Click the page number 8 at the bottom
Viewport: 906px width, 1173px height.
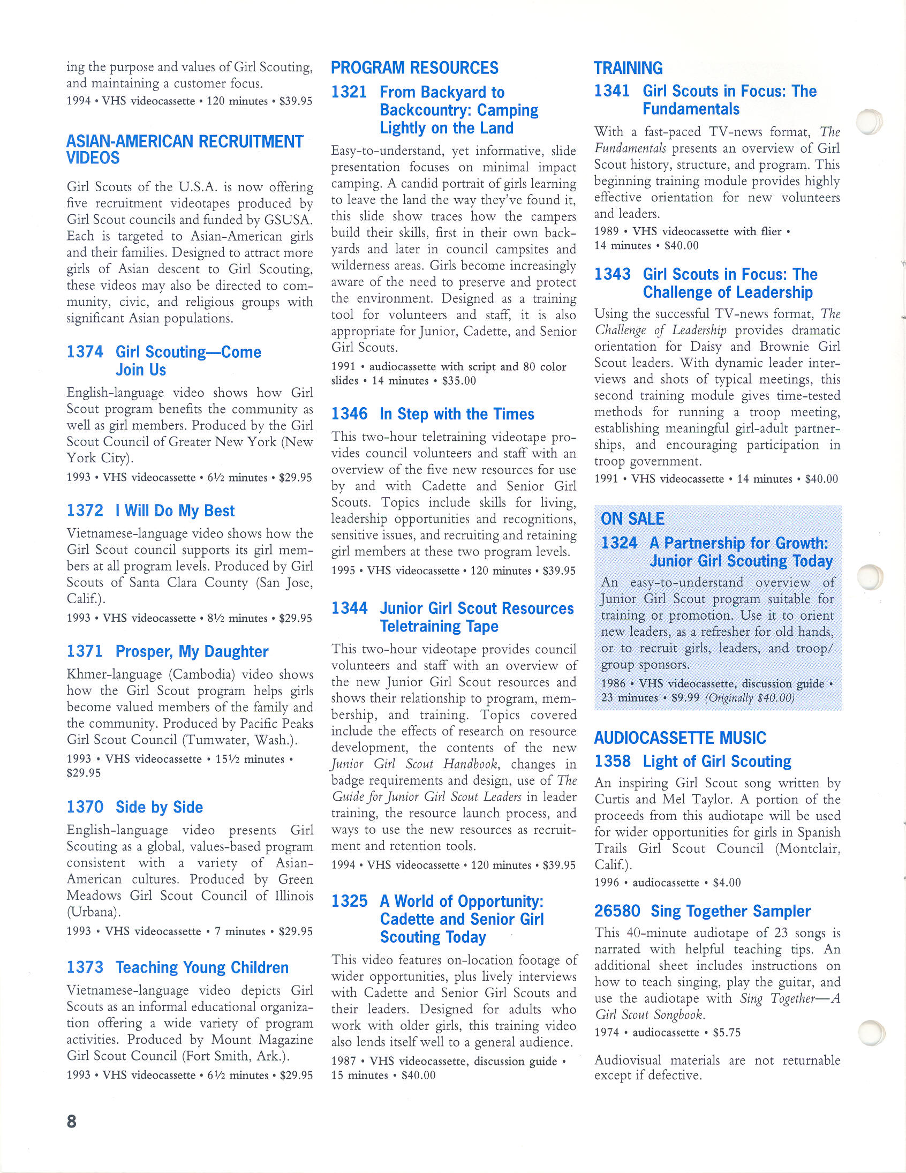71,1122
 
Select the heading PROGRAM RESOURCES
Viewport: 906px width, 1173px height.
414,68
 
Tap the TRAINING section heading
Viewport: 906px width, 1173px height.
628,68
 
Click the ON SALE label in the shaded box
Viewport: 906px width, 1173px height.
632,519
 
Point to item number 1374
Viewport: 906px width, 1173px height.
85,352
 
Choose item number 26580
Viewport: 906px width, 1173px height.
617,912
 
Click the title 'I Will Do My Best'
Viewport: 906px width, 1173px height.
175,511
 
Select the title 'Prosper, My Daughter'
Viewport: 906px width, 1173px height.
192,652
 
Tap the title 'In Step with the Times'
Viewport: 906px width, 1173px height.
457,414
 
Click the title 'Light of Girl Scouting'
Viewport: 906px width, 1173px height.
716,762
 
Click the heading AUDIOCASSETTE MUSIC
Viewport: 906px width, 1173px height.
680,738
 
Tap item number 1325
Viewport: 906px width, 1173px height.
349,901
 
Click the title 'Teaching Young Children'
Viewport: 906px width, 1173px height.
202,968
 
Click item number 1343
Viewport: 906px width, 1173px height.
611,274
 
